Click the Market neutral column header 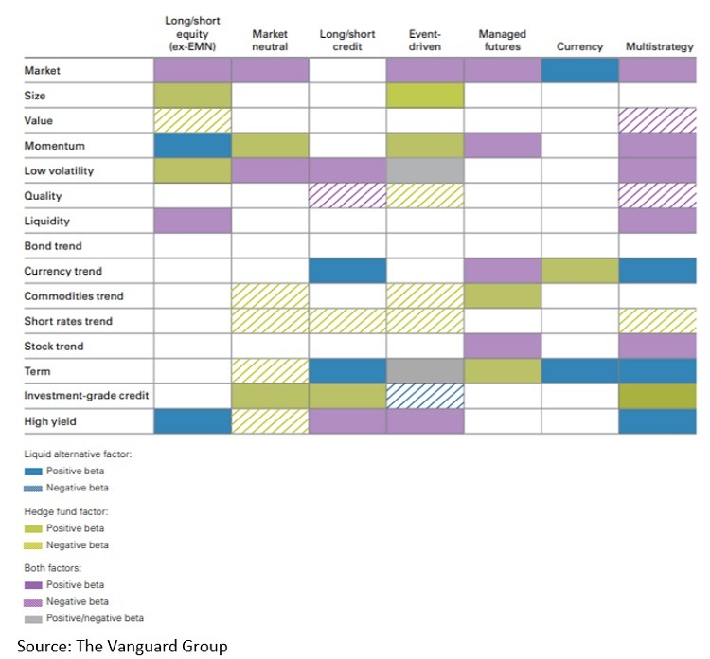(x=270, y=40)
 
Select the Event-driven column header (x=424, y=40)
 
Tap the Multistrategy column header (x=660, y=46)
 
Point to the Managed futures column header (x=502, y=40)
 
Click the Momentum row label (x=54, y=146)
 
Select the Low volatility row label (x=60, y=171)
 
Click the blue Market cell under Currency (x=579, y=70)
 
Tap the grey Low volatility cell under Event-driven (x=424, y=170)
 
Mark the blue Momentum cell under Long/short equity (x=192, y=146)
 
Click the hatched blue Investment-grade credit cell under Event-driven (x=424, y=396)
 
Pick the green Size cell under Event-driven (x=424, y=96)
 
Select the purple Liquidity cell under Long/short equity (x=192, y=221)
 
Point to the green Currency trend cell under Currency (x=579, y=271)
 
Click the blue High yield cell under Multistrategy (x=658, y=420)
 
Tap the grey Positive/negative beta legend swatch (x=33, y=618)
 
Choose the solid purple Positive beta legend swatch (x=33, y=584)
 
